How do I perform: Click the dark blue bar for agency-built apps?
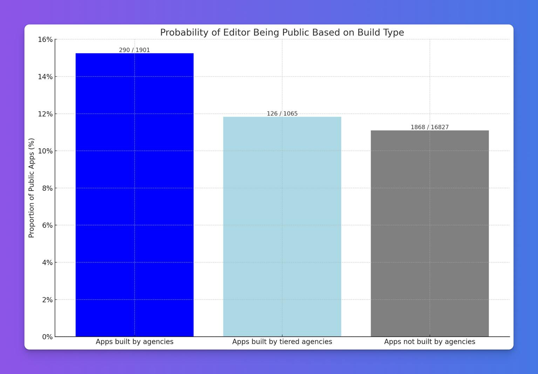click(135, 195)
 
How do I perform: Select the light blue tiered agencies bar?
click(282, 226)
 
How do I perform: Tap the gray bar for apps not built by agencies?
click(430, 233)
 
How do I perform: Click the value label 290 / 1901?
click(135, 50)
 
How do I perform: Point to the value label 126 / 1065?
click(282, 113)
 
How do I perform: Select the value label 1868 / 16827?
click(430, 127)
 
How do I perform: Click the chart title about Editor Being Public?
click(282, 32)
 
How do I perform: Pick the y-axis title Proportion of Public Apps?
click(31, 188)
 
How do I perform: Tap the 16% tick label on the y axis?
click(45, 39)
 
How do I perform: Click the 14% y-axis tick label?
click(45, 76)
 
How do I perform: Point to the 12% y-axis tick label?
click(45, 114)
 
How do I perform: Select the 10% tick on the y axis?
click(45, 151)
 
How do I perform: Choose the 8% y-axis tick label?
click(47, 188)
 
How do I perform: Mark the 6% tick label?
click(47, 225)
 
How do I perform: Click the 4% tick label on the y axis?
click(47, 262)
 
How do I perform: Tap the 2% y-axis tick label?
click(47, 300)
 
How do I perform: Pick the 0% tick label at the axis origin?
click(47, 337)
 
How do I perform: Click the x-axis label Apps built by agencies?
click(135, 342)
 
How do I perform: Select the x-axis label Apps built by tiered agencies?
click(282, 342)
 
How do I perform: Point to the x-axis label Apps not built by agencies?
click(430, 342)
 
